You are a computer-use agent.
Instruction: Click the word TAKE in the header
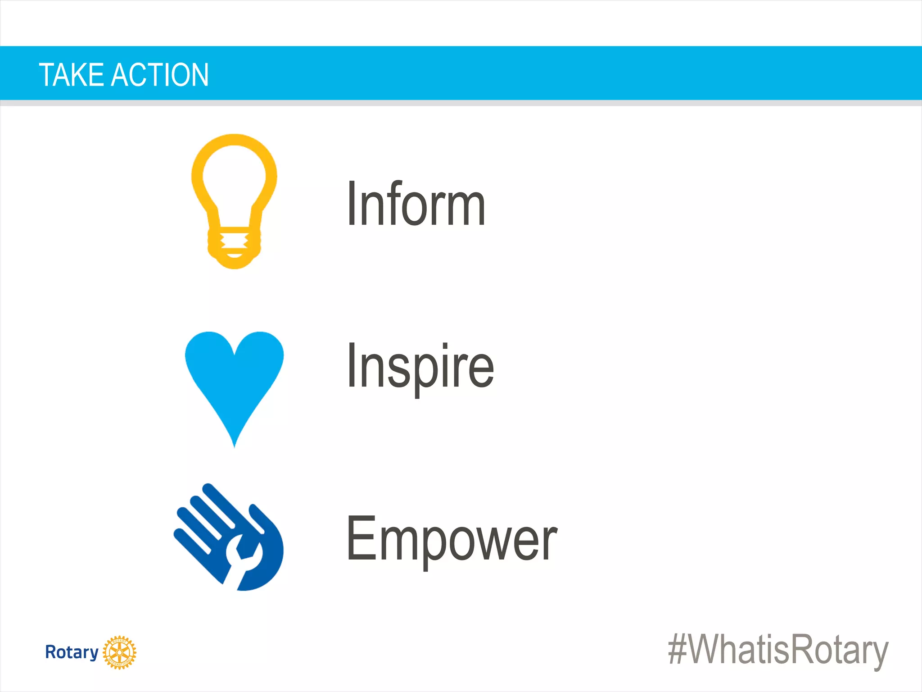pyautogui.click(x=72, y=75)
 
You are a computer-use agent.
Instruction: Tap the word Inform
pyautogui.click(x=416, y=204)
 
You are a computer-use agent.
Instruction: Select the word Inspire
pyautogui.click(x=420, y=366)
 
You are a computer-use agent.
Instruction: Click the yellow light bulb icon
pyautogui.click(x=234, y=200)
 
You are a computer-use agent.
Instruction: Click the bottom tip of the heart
pyautogui.click(x=234, y=444)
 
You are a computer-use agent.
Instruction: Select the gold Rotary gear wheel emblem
pyautogui.click(x=119, y=652)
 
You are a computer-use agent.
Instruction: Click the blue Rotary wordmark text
pyautogui.click(x=72, y=652)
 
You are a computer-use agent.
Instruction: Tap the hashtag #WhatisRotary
pyautogui.click(x=778, y=650)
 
